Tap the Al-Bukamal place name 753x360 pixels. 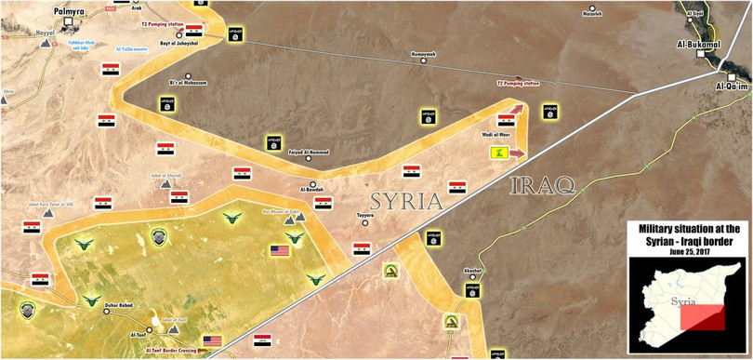click(x=699, y=43)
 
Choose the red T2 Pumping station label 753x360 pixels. click(x=518, y=84)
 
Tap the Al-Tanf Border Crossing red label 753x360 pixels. click(x=172, y=350)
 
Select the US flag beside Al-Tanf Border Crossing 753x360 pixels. click(x=213, y=341)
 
